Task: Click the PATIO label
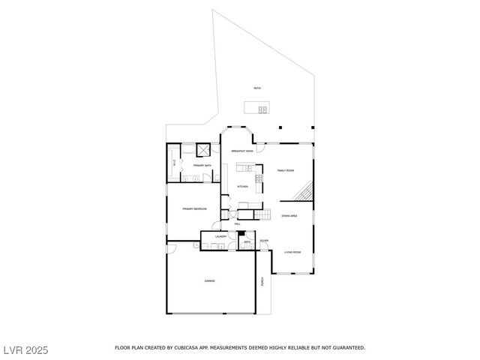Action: tap(257, 89)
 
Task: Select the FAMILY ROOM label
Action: tap(285, 171)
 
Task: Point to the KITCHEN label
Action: tap(242, 187)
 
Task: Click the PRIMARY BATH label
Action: tap(202, 165)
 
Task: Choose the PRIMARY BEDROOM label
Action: tap(194, 209)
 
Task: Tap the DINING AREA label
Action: tap(289, 216)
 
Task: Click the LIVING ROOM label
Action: tap(292, 252)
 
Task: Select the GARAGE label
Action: tap(209, 281)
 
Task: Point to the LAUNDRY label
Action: tap(220, 237)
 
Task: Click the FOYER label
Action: tap(264, 241)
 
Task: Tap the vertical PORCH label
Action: tap(262, 282)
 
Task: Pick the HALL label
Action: tap(237, 224)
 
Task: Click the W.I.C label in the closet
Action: tap(175, 162)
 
